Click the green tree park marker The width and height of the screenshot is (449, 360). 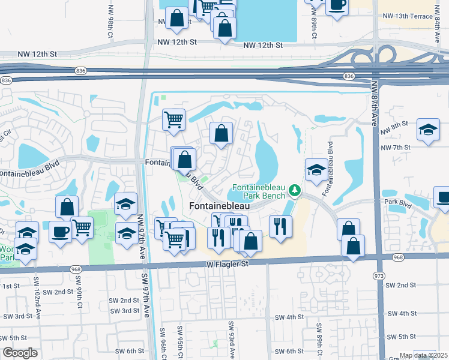pos(294,191)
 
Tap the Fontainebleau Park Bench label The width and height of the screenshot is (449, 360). pos(255,191)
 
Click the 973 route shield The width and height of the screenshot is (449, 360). pos(378,275)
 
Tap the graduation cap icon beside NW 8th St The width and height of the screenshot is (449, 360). pos(428,130)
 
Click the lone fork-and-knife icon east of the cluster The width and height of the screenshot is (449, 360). pos(280,226)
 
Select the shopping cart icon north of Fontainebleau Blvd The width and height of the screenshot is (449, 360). pos(173,119)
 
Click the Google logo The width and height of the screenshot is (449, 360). pos(20,352)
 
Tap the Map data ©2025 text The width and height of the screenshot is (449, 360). pos(423,355)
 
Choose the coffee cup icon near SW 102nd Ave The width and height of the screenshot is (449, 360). pos(59,232)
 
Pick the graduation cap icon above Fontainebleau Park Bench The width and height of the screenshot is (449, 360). pos(316,170)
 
